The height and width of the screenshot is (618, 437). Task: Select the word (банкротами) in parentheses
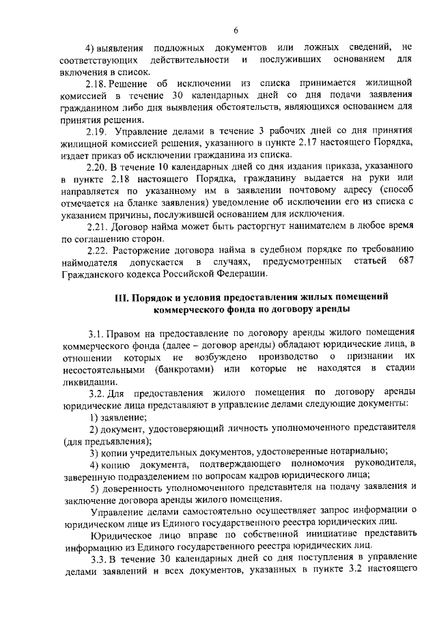click(x=180, y=369)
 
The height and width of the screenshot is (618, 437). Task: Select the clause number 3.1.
click(x=96, y=333)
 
